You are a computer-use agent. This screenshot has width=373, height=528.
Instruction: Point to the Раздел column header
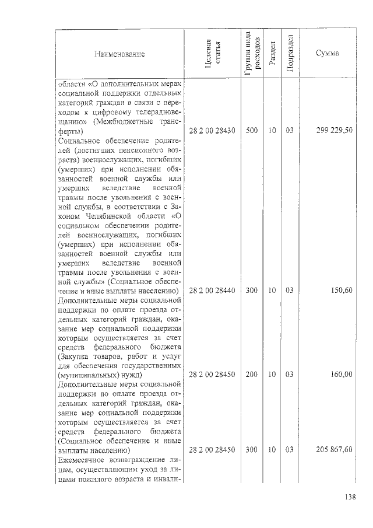tap(272, 54)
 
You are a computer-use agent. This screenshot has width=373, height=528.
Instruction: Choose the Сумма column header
tap(328, 54)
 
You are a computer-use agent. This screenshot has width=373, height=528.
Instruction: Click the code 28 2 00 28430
tap(212, 131)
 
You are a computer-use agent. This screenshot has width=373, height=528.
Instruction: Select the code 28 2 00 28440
tap(212, 290)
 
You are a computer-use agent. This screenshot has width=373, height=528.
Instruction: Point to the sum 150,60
tap(342, 290)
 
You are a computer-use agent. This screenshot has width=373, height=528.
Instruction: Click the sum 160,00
tap(342, 375)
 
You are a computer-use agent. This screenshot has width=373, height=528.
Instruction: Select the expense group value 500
tap(252, 131)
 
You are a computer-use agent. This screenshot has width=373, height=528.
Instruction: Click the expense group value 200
tap(252, 375)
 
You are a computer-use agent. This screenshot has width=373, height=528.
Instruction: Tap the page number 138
tap(350, 497)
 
